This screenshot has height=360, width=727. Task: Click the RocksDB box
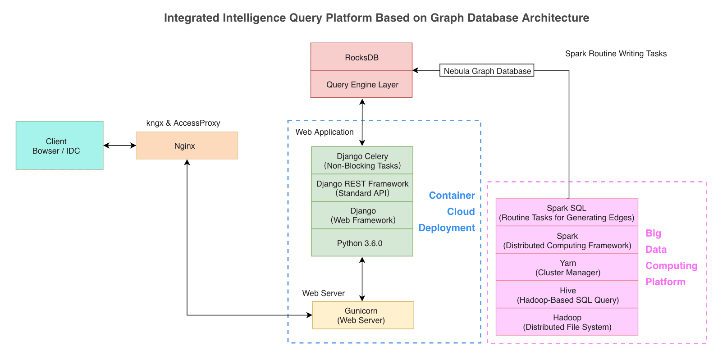[361, 57]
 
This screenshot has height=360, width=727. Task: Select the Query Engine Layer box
[361, 85]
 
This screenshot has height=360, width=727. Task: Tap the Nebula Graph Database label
[487, 71]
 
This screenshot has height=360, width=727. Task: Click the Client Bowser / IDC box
[59, 146]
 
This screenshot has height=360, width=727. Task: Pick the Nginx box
[187, 146]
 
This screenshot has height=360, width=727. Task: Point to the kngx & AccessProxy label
[183, 123]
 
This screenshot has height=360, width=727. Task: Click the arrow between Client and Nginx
[119, 146]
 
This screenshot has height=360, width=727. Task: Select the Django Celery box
[362, 161]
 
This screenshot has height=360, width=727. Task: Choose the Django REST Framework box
[362, 188]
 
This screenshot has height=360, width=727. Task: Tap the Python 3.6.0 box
[362, 243]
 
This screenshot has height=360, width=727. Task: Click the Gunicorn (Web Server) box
[363, 315]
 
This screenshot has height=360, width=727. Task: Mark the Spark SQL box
[567, 213]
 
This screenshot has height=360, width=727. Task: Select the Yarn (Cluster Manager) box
[567, 268]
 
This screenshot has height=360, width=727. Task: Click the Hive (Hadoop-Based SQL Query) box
[567, 295]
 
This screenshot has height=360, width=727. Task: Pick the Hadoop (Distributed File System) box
[567, 322]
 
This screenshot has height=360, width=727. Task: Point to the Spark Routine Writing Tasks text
[616, 54]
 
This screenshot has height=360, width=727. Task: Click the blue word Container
[452, 196]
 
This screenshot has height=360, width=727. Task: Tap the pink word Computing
[671, 266]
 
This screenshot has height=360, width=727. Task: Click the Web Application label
[325, 132]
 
